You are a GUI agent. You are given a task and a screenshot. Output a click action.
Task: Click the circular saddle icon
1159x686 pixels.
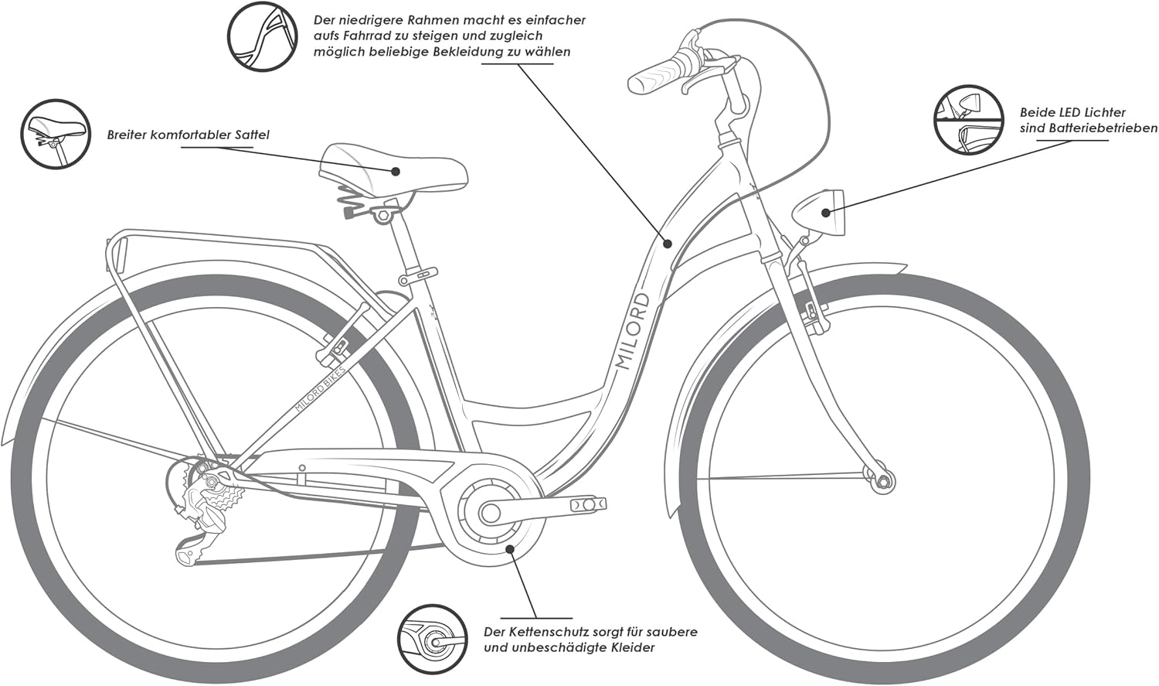50,134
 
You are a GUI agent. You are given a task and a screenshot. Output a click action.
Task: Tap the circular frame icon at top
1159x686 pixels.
262,36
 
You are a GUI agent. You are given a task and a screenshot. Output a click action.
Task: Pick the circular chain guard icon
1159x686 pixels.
433,639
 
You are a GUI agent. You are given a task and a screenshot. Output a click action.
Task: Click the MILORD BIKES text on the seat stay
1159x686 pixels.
323,385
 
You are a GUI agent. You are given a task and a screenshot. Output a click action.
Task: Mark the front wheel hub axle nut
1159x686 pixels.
882,481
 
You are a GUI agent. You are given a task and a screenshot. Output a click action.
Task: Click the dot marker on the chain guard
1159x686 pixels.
509,548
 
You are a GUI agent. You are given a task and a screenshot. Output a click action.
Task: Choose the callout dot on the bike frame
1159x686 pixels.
668,243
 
